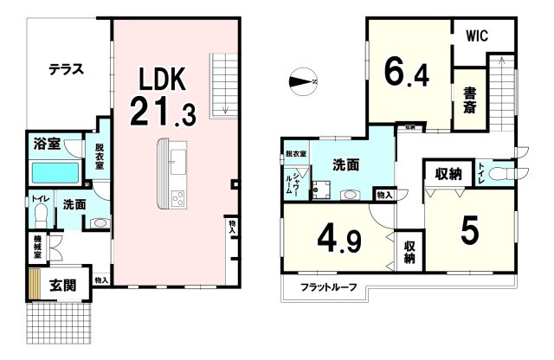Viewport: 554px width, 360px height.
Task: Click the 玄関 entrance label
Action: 62,285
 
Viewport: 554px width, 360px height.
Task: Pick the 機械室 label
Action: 39,247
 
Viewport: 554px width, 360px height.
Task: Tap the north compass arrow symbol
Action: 305,82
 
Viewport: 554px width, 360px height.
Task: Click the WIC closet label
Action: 480,37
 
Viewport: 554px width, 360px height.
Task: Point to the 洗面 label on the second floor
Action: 347,164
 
